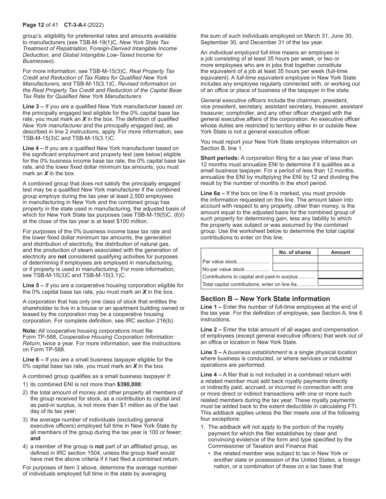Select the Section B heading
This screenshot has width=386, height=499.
tap(265, 299)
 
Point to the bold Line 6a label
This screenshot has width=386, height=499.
tap(211, 193)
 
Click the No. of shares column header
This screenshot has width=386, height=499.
tap(295, 252)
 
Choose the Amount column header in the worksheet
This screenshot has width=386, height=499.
tap(340, 252)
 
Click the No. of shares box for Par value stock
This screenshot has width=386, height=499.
tap(295, 260)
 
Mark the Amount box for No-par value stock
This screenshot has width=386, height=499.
tap(340, 267)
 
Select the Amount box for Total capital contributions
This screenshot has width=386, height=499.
tap(340, 283)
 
